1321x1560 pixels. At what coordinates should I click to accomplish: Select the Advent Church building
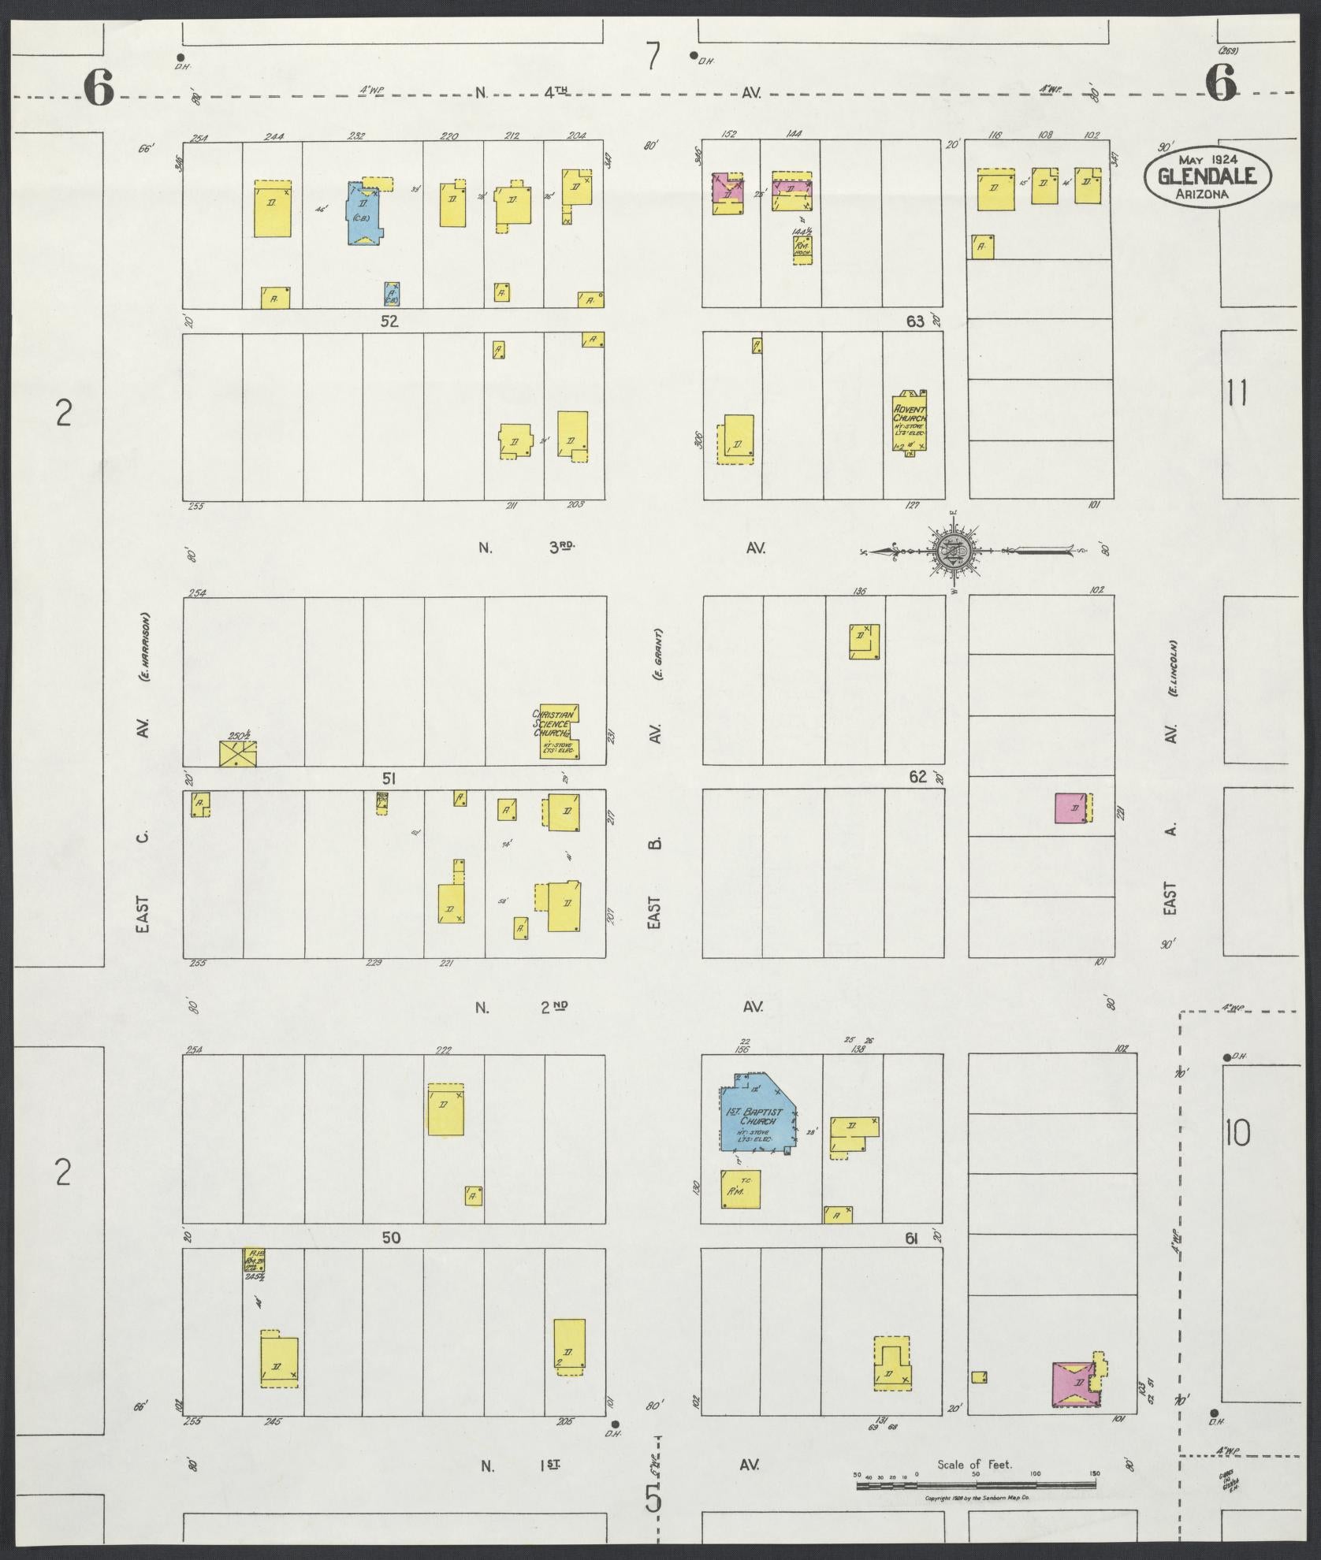909,422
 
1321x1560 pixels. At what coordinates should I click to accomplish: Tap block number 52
389,321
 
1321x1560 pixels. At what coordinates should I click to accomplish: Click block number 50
391,1238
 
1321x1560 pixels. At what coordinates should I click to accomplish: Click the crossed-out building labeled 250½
237,752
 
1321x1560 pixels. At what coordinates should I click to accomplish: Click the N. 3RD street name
527,548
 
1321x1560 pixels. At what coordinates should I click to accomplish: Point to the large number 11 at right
1237,392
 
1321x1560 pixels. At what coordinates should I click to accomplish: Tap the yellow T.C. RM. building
741,1212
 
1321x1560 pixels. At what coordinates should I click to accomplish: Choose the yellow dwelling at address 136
863,641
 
